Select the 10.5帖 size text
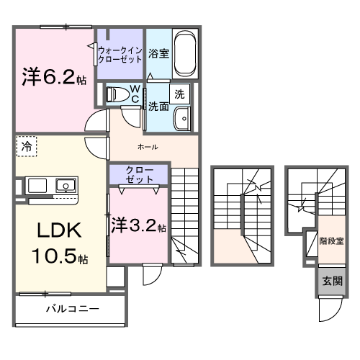click(57, 256)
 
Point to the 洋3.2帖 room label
click(138, 225)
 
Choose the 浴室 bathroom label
click(159, 53)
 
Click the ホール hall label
click(148, 147)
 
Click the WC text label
click(135, 94)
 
